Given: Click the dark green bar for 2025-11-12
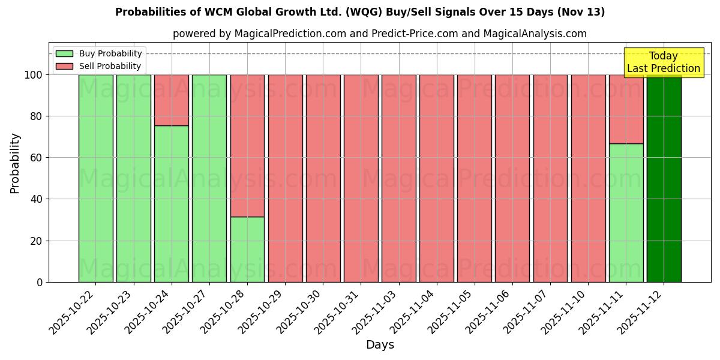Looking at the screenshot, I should coord(664,178).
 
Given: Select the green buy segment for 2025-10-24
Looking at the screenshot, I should coord(172,204).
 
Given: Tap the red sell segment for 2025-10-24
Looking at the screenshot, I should coord(172,100).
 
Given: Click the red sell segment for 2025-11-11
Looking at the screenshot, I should coord(626,109).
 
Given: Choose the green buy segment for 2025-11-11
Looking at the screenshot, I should coord(626,213).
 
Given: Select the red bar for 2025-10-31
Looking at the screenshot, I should coord(361,178).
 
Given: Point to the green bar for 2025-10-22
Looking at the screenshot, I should coord(96,178).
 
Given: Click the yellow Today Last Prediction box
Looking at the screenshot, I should coord(664,62).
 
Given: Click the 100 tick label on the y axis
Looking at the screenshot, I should coord(33,75).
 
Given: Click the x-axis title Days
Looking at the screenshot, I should coord(380,345).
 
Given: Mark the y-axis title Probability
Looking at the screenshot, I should coord(15,163).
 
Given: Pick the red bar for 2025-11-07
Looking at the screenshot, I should coord(550,178).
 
